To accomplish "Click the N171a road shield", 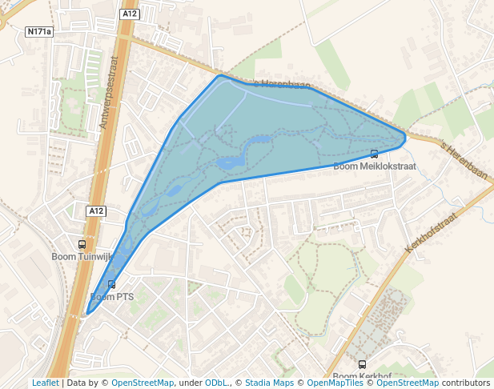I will [38, 32].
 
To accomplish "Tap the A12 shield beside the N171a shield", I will [130, 14].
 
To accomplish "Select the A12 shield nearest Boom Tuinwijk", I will [96, 211].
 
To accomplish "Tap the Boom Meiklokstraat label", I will [375, 166].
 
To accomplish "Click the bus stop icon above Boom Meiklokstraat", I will [374, 154].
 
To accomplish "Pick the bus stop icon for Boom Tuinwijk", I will [82, 244].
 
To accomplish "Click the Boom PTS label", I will [112, 297].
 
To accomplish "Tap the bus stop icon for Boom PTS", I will [111, 284].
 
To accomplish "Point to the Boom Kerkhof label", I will [360, 376].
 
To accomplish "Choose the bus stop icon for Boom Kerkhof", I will [362, 365].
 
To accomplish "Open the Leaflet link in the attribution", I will [46, 383].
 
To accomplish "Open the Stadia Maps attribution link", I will [268, 383].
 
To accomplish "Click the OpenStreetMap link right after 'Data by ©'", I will [143, 383].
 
